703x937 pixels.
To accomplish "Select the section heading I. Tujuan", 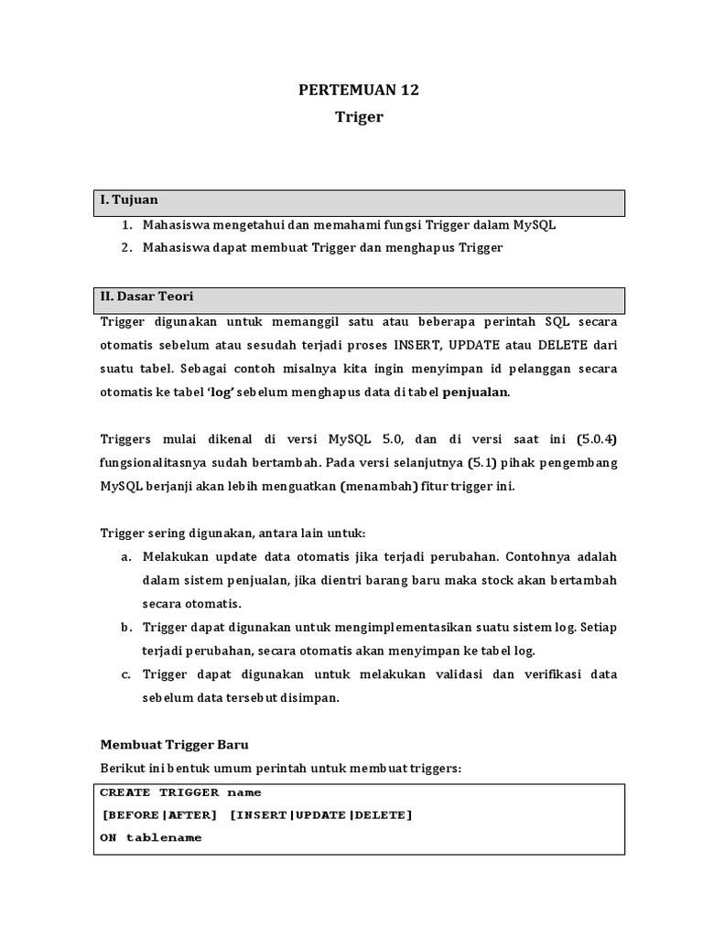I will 129,200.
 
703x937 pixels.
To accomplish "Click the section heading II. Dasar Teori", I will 146,297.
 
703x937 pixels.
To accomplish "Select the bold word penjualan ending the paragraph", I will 476,392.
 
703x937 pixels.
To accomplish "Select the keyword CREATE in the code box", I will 125,792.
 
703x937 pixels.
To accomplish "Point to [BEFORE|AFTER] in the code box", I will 159,815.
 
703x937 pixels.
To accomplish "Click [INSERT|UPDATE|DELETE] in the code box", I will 321,815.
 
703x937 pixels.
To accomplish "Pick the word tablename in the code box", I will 164,838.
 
